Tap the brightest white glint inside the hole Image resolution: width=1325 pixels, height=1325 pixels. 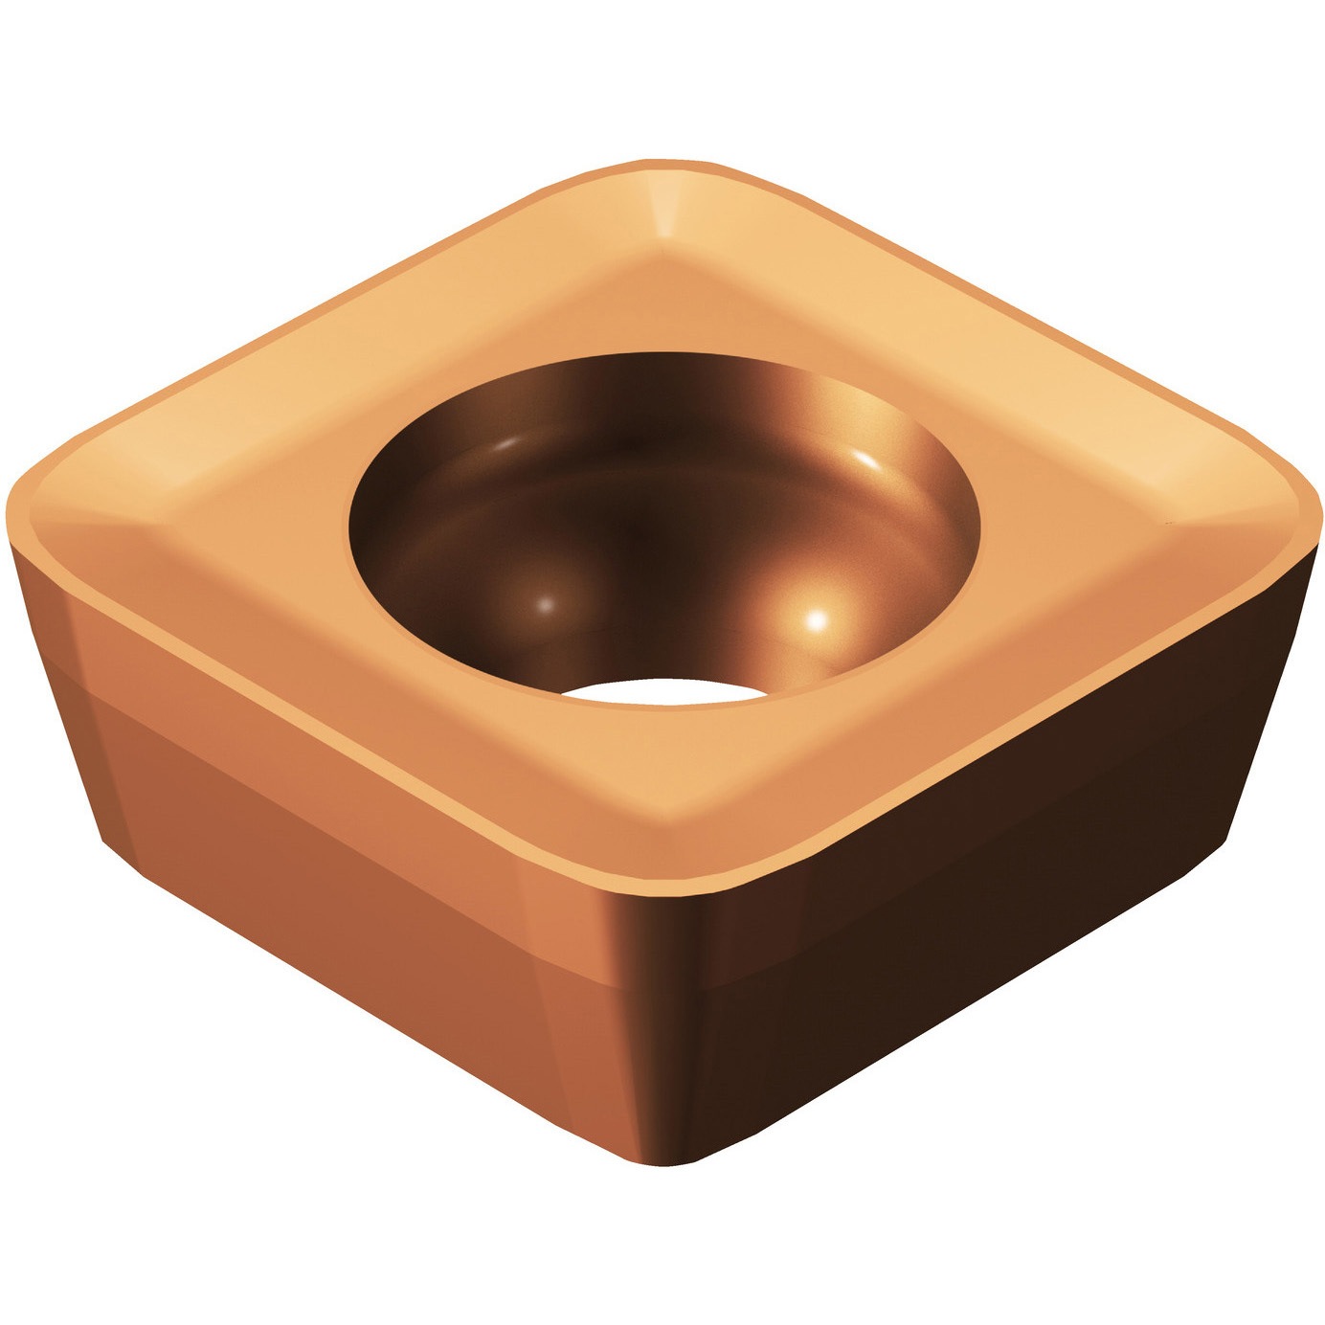click(x=817, y=620)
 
